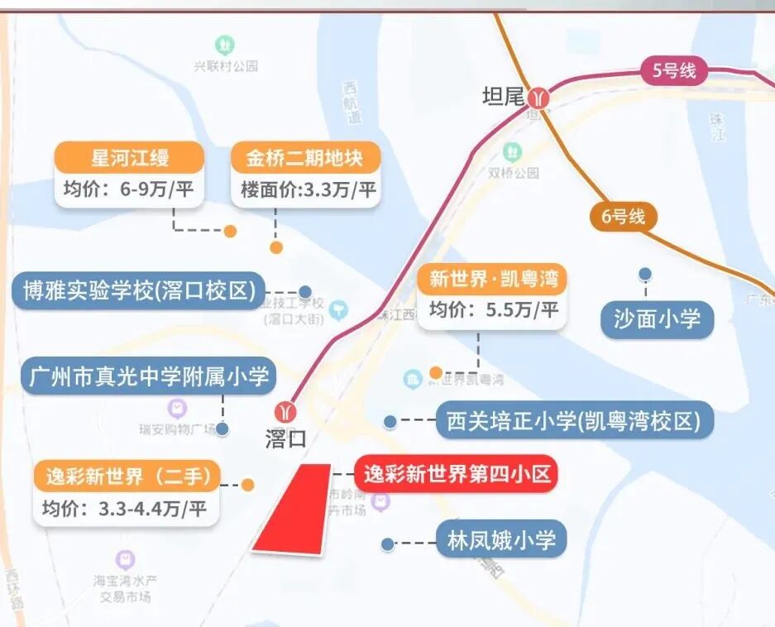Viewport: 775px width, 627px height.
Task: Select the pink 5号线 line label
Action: (x=675, y=71)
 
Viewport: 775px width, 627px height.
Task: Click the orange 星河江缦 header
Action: (x=129, y=157)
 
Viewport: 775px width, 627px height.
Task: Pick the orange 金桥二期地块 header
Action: (x=305, y=157)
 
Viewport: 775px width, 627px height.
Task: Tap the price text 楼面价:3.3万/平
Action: (x=309, y=190)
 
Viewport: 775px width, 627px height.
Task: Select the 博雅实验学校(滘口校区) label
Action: (x=138, y=291)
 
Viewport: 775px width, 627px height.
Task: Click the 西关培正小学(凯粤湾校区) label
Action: (x=573, y=422)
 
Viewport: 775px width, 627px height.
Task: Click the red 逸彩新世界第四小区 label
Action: (x=457, y=475)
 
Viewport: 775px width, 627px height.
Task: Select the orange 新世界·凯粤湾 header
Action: (x=493, y=279)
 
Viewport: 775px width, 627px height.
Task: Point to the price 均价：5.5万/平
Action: (x=494, y=311)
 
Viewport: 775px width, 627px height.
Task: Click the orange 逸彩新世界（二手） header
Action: (x=127, y=477)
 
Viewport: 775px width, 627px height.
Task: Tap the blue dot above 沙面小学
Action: (x=645, y=274)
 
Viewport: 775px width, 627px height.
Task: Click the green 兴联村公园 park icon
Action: (x=225, y=44)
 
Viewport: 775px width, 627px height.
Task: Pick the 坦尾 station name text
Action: (x=504, y=97)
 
